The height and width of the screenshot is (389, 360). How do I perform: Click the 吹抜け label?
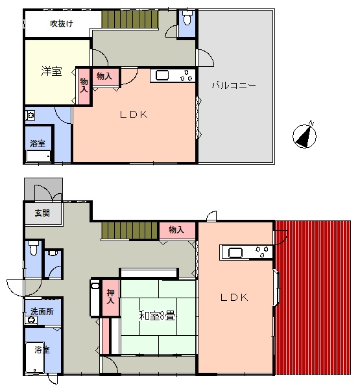coord(62,24)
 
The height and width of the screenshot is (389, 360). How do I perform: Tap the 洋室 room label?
coord(51,71)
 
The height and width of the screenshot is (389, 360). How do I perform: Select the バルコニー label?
coord(234,86)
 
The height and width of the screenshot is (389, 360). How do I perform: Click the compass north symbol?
coord(304,136)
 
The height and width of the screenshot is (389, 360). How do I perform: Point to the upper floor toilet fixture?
coord(186,18)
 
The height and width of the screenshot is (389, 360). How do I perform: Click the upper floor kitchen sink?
coord(162,75)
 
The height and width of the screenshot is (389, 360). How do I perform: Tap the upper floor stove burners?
coord(186,76)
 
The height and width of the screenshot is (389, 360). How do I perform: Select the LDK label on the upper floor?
coord(134,115)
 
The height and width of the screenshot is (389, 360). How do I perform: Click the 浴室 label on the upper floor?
coord(38,143)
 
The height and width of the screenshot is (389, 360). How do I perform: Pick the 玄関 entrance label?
coord(42,213)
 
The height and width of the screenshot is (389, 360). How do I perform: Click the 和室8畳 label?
coord(157,316)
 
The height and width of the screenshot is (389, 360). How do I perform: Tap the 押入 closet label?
coord(110,296)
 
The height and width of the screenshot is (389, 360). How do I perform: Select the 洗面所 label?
coord(42,311)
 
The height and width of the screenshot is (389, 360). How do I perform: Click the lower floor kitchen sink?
coord(235,253)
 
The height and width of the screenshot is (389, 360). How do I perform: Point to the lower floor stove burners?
coord(262,251)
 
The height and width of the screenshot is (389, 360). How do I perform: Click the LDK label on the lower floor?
coord(234,297)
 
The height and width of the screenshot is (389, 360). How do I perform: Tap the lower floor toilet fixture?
coord(33,248)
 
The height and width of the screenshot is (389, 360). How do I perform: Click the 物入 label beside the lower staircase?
coord(176,230)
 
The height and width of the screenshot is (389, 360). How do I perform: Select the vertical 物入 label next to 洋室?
coord(84,86)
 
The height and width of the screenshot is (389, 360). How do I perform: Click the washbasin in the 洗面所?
coord(31,320)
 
